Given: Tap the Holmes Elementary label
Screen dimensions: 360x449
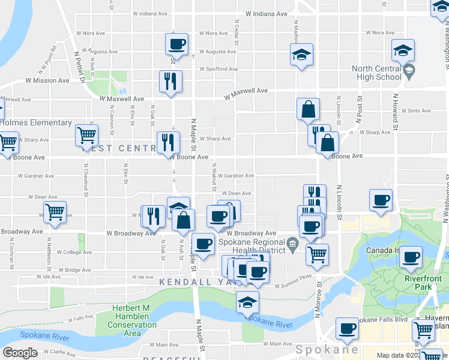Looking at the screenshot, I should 35,123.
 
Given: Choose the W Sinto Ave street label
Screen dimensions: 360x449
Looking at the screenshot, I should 415,111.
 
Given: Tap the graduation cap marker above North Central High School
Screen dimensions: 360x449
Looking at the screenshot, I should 403,50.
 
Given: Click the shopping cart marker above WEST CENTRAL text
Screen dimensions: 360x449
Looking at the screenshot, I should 86,135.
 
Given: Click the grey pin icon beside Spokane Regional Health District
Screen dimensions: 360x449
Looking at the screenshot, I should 292,244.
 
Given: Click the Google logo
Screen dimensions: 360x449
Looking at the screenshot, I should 20,352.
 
